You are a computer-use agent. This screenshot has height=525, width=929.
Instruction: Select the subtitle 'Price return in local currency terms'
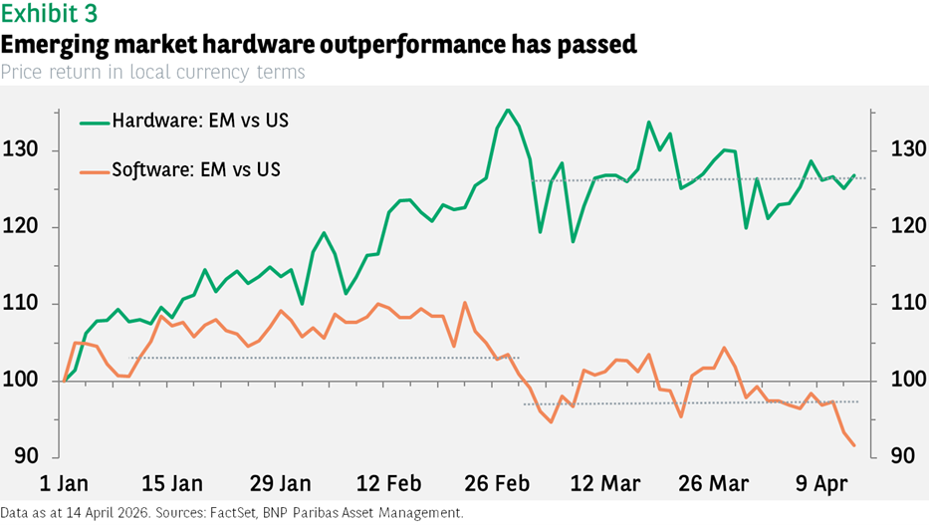click(x=152, y=72)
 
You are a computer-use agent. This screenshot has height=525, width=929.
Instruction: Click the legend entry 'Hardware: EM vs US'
click(x=206, y=122)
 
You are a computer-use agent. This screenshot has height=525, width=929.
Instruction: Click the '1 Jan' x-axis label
click(x=65, y=484)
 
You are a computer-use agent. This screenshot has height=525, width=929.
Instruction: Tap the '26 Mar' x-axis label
click(x=713, y=484)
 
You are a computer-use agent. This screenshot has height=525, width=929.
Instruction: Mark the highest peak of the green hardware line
click(x=507, y=110)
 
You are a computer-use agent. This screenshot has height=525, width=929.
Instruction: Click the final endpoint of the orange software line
click(x=853, y=445)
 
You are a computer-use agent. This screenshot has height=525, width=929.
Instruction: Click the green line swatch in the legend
click(x=94, y=122)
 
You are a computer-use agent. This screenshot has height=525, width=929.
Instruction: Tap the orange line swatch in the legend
click(x=94, y=169)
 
